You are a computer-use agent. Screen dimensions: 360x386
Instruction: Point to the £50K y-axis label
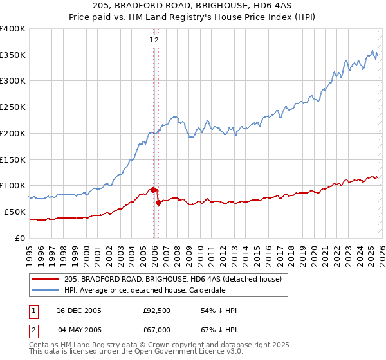pos(14,212)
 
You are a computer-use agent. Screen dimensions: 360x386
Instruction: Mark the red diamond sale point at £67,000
pos(158,203)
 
